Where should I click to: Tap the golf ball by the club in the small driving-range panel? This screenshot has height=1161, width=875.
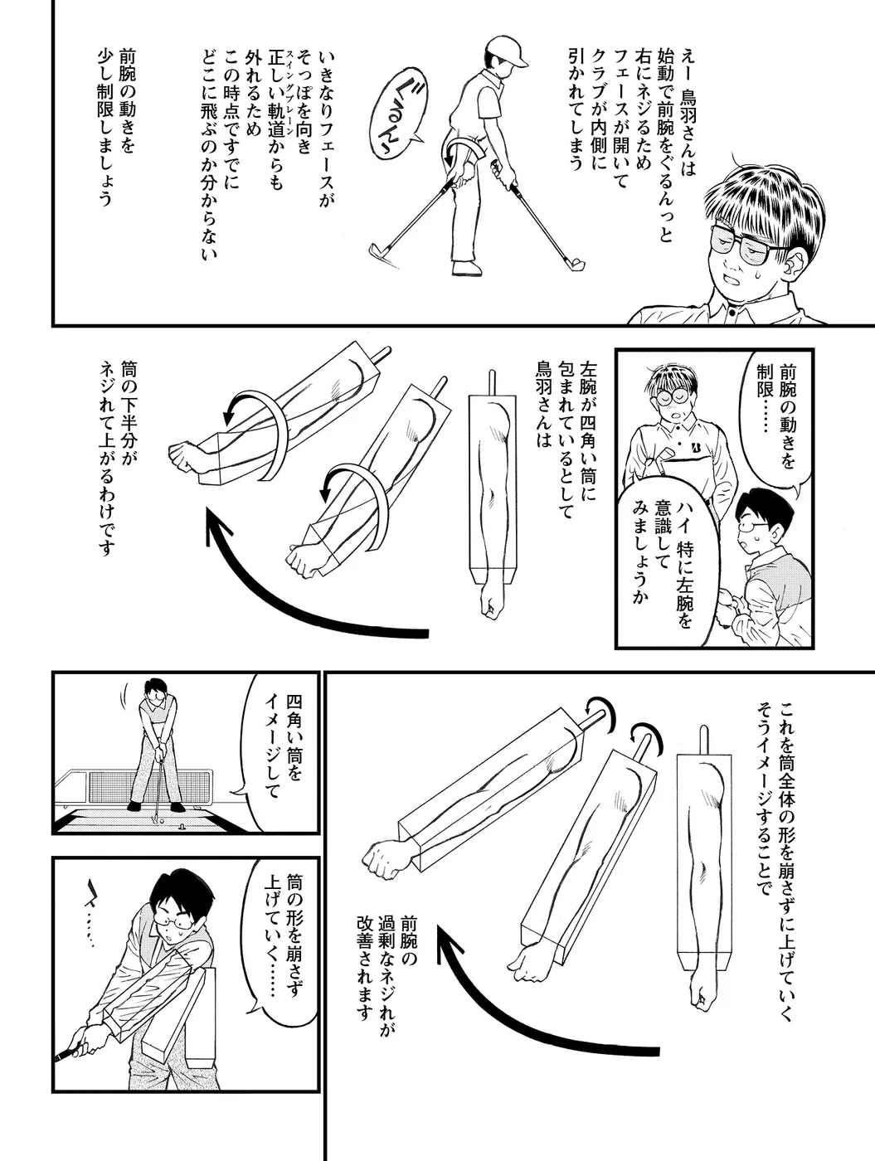click(x=162, y=821)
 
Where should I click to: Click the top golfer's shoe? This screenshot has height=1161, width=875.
click(x=468, y=268)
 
